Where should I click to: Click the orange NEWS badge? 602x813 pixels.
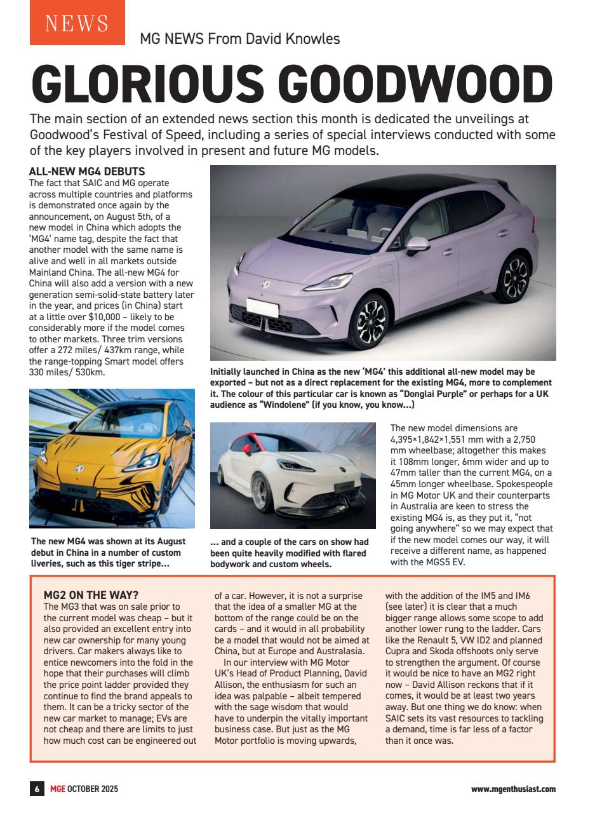click(77, 23)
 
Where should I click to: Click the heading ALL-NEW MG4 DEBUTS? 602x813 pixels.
click(88, 171)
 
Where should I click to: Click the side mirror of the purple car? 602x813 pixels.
click(417, 245)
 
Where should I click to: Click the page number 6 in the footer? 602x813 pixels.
click(37, 789)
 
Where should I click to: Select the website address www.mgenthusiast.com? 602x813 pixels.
click(513, 789)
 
